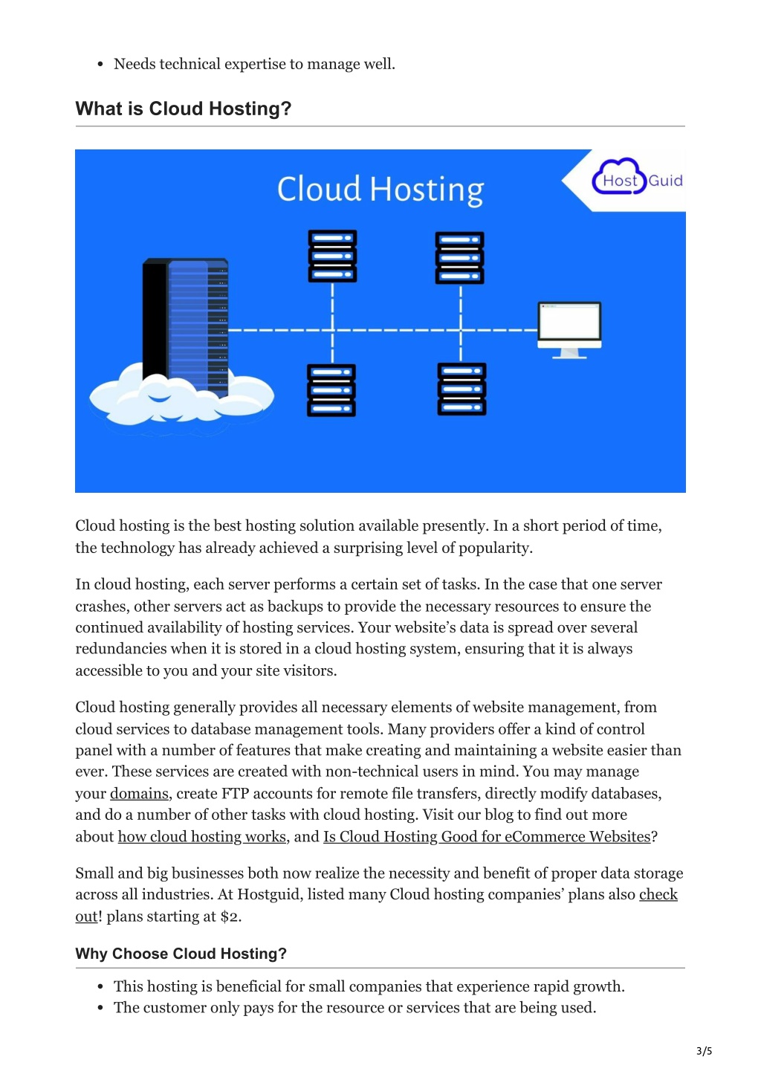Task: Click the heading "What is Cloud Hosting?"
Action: tap(183, 109)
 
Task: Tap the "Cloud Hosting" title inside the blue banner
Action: tap(380, 190)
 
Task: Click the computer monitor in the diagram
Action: tap(569, 330)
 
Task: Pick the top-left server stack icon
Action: tap(332, 256)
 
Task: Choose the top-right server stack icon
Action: tap(459, 258)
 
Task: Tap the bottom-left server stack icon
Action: tap(331, 390)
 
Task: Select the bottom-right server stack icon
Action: tap(462, 389)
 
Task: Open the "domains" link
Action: tap(140, 793)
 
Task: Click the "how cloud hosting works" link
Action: tap(202, 836)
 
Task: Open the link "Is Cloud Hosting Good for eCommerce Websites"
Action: tap(487, 836)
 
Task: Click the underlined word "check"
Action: tap(658, 894)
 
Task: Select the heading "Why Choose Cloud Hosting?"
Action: tap(181, 953)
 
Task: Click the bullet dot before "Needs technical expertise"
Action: tap(100, 65)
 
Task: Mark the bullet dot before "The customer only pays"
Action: tap(100, 1008)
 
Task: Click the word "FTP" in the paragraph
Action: tap(235, 793)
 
